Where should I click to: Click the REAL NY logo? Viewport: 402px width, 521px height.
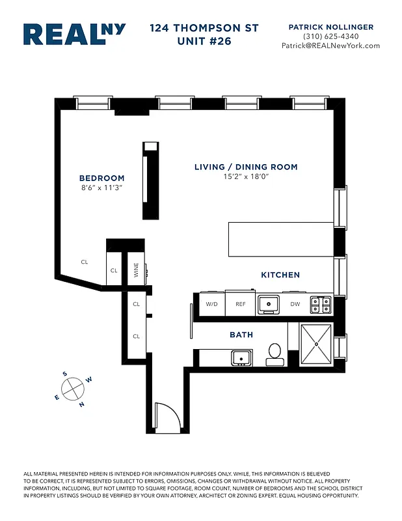click(74, 35)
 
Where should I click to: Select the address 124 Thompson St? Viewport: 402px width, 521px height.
click(204, 28)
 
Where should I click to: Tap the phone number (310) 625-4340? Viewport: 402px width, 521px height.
click(330, 36)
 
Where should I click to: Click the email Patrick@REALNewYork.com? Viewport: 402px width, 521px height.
click(330, 46)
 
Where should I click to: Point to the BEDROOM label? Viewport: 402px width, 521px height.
click(101, 178)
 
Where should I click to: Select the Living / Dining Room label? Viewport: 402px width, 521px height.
click(246, 167)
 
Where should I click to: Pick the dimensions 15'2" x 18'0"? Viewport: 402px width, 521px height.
click(246, 176)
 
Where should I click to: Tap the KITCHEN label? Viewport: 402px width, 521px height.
click(280, 275)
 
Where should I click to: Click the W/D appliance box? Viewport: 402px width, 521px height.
click(211, 304)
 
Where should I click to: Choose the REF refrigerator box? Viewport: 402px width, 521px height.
click(241, 304)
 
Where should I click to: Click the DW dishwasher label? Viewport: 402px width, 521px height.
click(295, 304)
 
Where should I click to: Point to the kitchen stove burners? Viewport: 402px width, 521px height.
click(320, 303)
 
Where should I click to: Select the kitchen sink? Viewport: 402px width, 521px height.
click(267, 303)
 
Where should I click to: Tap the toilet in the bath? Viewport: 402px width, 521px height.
click(274, 354)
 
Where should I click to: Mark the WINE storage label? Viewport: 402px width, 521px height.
click(137, 270)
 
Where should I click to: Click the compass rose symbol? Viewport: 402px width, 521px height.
click(73, 389)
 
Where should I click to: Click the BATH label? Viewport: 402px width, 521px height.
click(241, 335)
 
